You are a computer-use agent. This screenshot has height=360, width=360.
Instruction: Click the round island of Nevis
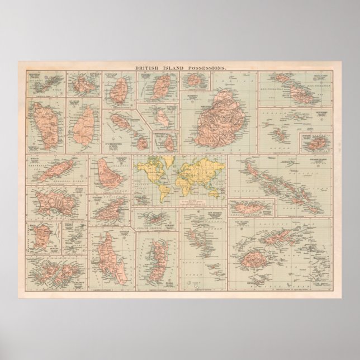click(x=143, y=143)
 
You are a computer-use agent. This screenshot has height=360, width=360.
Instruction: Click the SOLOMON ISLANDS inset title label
click(x=319, y=163)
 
